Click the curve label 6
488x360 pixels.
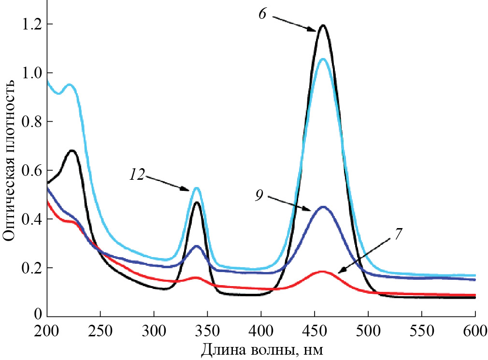click(262, 14)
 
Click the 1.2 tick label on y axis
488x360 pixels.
click(30, 24)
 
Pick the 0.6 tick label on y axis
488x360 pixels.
click(30, 170)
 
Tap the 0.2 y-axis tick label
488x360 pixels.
click(30, 268)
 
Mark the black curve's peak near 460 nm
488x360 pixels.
click(322, 25)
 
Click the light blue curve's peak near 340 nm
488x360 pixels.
click(197, 187)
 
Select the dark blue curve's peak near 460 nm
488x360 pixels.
click(323, 207)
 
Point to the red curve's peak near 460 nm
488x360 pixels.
click(323, 271)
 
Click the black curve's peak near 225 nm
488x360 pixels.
click(72, 150)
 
